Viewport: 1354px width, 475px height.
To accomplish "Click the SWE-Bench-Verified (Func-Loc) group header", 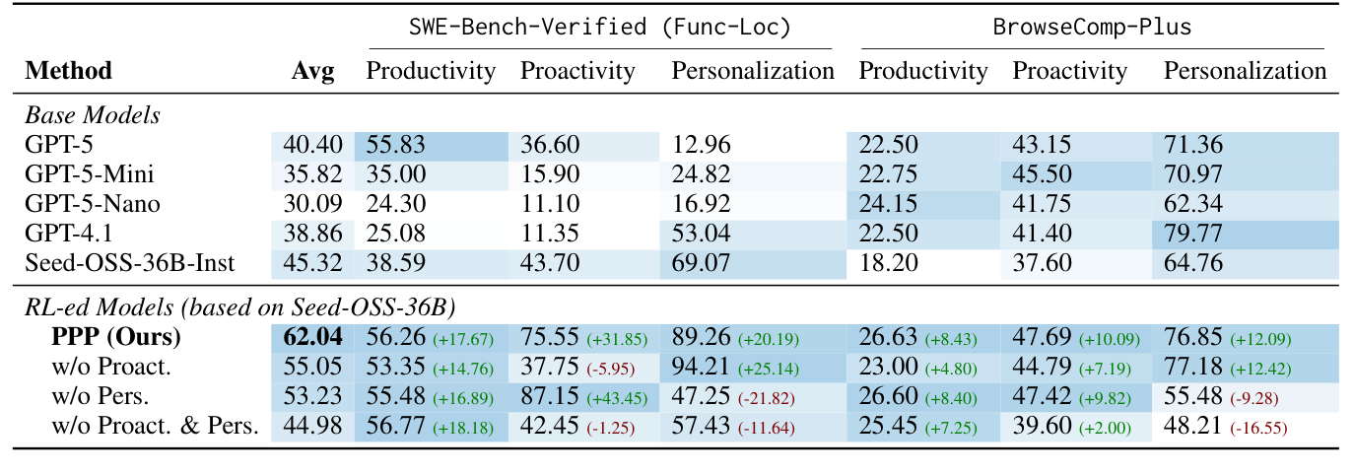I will (600, 28).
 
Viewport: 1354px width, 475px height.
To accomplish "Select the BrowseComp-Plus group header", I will (1092, 28).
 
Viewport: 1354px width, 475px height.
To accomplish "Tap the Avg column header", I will (312, 71).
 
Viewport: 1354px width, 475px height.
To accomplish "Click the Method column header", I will (68, 71).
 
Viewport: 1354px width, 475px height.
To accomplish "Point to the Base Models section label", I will (92, 115).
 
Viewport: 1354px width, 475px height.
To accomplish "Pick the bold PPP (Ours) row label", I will (116, 337).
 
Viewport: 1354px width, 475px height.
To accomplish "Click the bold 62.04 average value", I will (312, 337).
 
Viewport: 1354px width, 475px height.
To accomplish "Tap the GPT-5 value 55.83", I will (396, 146).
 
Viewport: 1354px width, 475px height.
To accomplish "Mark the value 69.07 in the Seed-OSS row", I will (702, 264).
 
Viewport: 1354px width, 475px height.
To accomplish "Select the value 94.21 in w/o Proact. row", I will (702, 367).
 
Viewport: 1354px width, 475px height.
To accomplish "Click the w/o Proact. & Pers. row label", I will (156, 427).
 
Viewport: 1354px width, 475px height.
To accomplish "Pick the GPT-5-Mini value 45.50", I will (1042, 175).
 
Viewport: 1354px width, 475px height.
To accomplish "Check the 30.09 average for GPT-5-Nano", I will (312, 205).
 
